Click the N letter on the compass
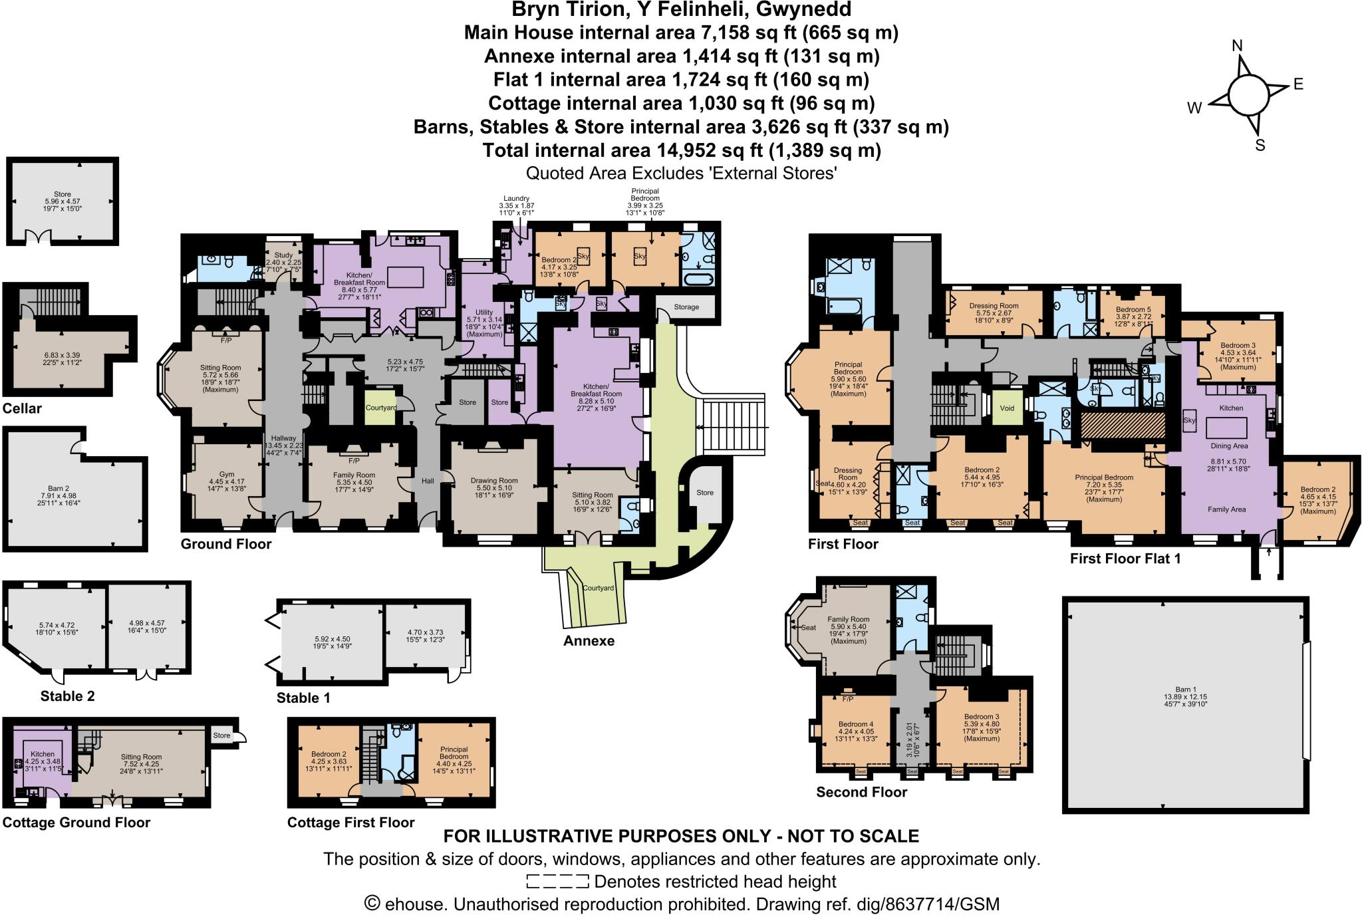coord(1238,46)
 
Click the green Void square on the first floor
coord(1007,408)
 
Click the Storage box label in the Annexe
coord(686,307)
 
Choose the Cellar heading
coord(22,408)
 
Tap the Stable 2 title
coord(67,696)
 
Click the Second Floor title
coord(861,792)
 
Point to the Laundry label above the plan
coord(516,198)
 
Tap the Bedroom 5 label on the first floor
coord(1133,310)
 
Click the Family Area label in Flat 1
coord(1226,509)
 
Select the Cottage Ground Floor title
coord(76,823)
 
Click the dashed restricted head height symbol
coord(557,882)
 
